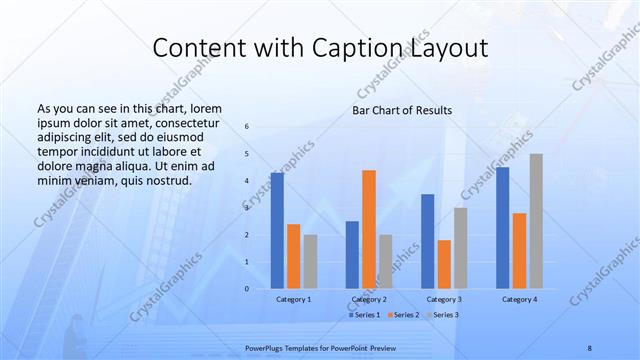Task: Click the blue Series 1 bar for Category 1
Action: tap(277, 231)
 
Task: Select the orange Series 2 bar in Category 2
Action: tap(369, 229)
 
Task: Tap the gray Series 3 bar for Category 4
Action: tap(536, 221)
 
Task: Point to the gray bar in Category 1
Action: tap(311, 262)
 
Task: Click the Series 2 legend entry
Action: tap(403, 315)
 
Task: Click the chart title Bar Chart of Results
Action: tap(402, 110)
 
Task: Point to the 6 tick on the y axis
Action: tap(247, 127)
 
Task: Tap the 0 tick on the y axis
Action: tap(247, 289)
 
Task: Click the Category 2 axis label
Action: tap(369, 300)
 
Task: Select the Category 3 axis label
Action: tap(444, 300)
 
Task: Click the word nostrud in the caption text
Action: tap(165, 180)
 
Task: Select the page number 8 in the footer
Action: tap(589, 347)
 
